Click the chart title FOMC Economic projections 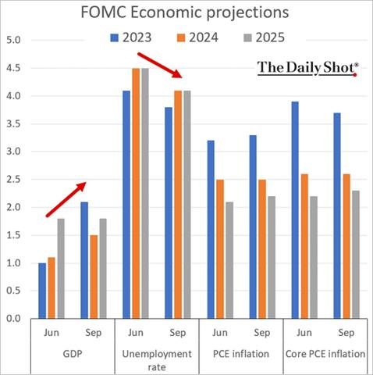[186, 13]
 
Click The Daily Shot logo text [307, 68]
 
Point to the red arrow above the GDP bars [65, 198]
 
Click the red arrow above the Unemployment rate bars [159, 65]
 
